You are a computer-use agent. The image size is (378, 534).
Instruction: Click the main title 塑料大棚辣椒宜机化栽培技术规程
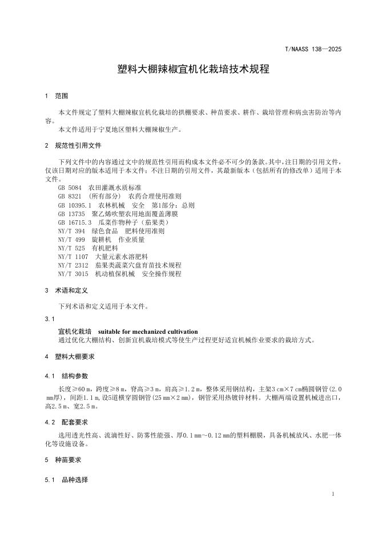(189, 70)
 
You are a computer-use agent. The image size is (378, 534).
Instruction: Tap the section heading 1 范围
(57, 96)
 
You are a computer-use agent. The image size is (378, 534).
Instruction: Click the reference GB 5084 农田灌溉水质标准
(99, 188)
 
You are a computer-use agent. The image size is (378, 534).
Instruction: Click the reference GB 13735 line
(114, 213)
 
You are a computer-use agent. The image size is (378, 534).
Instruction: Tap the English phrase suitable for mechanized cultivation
(148, 331)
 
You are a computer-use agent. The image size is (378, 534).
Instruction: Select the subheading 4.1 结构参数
(67, 376)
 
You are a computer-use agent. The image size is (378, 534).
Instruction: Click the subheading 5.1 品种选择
(67, 480)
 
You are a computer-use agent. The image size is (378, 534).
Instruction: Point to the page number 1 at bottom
(332, 493)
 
